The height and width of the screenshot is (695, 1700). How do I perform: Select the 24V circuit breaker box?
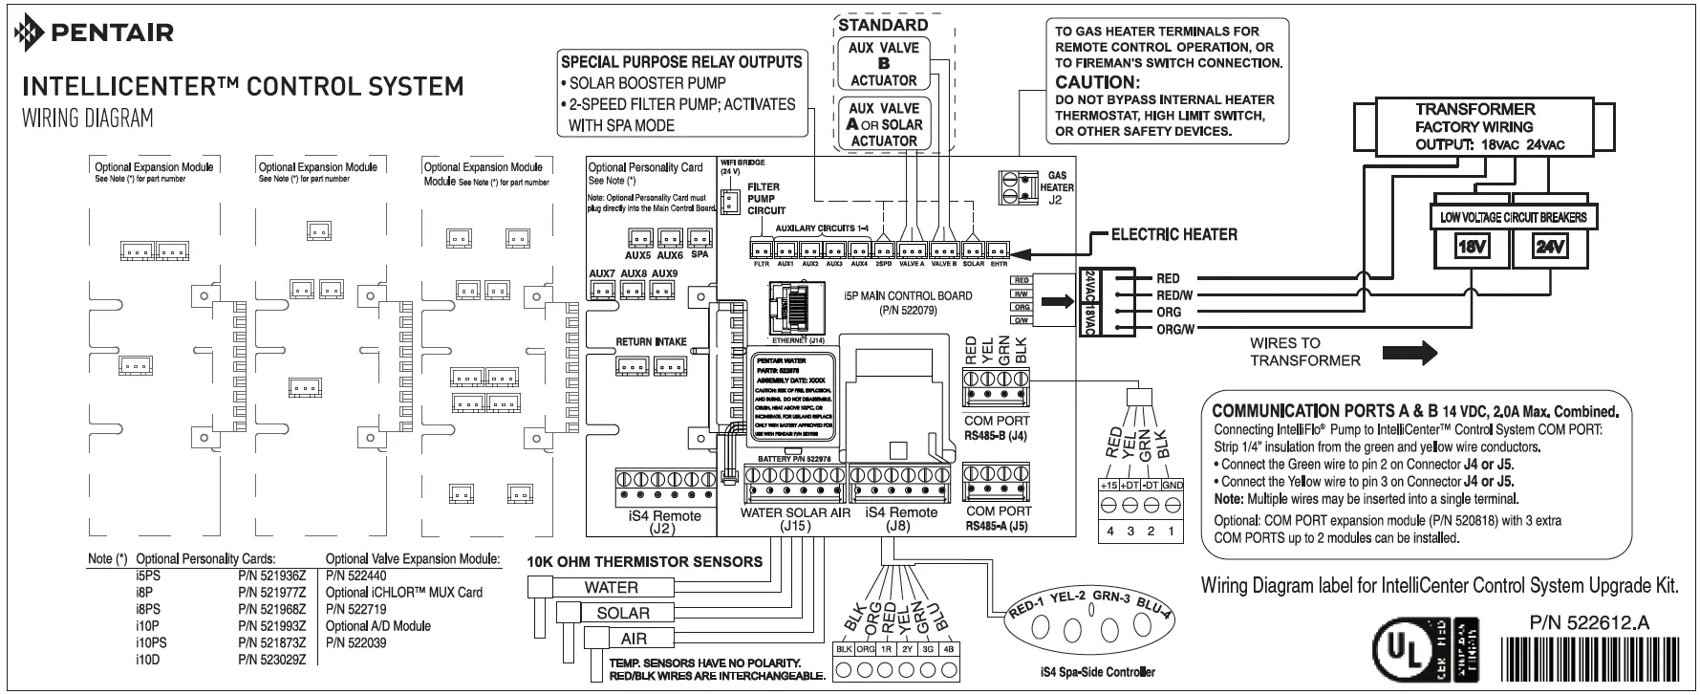pyautogui.click(x=1549, y=248)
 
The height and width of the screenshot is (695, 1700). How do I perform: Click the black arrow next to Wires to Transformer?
pyautogui.click(x=1422, y=353)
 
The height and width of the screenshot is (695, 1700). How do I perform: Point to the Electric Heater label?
pyautogui.click(x=1173, y=234)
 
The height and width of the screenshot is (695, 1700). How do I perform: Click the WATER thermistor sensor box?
pyautogui.click(x=612, y=587)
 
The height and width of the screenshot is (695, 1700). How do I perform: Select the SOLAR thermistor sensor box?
pyautogui.click(x=622, y=613)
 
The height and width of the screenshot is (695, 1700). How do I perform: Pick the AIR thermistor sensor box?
pyautogui.click(x=634, y=639)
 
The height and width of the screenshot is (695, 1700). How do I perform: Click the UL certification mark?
pyautogui.click(x=1402, y=650)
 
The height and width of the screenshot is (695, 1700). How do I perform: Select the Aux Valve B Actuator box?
pyautogui.click(x=883, y=64)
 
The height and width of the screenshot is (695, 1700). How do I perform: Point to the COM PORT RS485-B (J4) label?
pyautogui.click(x=996, y=427)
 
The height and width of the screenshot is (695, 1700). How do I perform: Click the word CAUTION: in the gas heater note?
pyautogui.click(x=1097, y=82)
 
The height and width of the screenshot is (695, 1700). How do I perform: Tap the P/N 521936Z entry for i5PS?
pyautogui.click(x=271, y=576)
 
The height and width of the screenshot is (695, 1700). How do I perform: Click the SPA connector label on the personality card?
pyautogui.click(x=699, y=254)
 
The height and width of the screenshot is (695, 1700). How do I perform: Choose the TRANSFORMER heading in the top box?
pyautogui.click(x=1474, y=109)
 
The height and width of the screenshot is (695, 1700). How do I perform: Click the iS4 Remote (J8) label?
pyautogui.click(x=900, y=519)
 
